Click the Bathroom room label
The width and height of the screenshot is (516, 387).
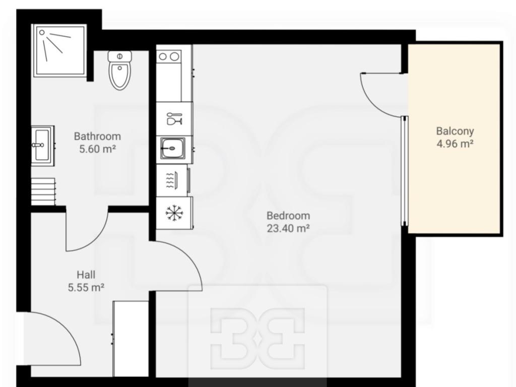coord(97,136)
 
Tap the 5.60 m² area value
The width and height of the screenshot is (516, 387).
coord(97,149)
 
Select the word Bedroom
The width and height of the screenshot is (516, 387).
coord(288,216)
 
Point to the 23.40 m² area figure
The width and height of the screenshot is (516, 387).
coord(288,228)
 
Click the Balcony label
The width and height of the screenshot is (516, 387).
coord(455,132)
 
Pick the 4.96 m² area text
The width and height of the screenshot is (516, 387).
coord(455,144)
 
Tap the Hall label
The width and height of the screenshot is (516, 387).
coord(86,275)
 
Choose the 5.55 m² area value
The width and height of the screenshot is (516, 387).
coord(86,287)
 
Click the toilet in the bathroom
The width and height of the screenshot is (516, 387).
coord(119,70)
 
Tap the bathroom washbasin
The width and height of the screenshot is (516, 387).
coord(42,145)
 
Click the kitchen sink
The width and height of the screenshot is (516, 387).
coord(173,149)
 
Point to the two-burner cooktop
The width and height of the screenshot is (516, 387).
coord(169,56)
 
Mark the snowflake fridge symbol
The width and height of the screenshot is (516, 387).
coord(174,213)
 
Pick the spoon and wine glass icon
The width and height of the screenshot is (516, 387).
coord(174,119)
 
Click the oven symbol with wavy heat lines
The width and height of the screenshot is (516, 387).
coord(173,180)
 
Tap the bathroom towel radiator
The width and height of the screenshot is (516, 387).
coord(43,192)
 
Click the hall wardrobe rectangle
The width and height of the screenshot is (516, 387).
coord(131,338)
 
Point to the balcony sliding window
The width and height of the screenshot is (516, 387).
coord(405,171)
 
